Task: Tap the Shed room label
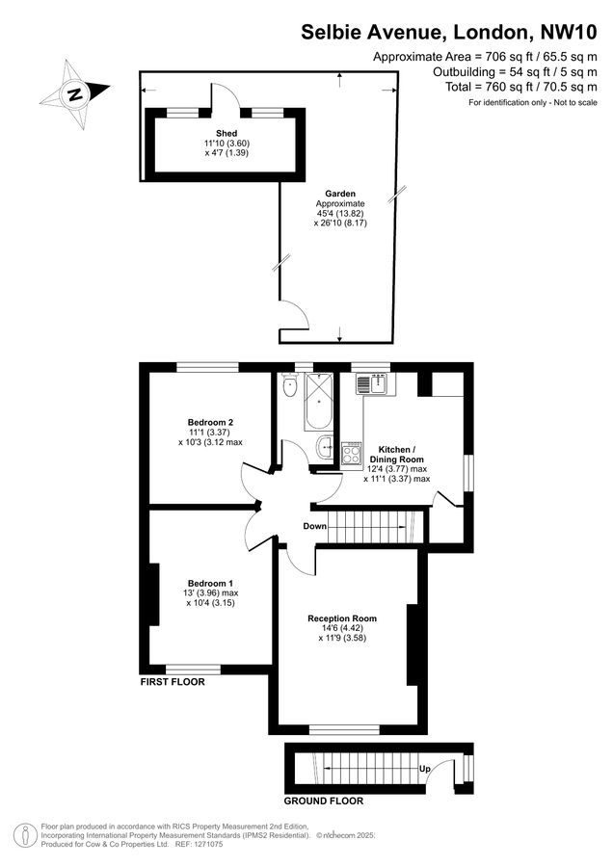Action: pyautogui.click(x=227, y=133)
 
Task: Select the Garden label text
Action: pyautogui.click(x=340, y=194)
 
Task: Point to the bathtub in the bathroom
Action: pyautogui.click(x=318, y=402)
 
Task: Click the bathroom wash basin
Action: pyautogui.click(x=327, y=447)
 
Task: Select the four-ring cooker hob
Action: pyautogui.click(x=352, y=454)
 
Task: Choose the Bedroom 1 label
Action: pyautogui.click(x=210, y=584)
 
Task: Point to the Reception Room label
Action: pyautogui.click(x=342, y=618)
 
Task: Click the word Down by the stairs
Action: pyautogui.click(x=315, y=526)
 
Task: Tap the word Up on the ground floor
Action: pyautogui.click(x=425, y=769)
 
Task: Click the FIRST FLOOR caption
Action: pyautogui.click(x=173, y=682)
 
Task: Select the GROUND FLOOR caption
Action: pyautogui.click(x=324, y=801)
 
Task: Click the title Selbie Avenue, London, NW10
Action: pyautogui.click(x=449, y=32)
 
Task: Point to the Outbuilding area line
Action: pyautogui.click(x=515, y=71)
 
